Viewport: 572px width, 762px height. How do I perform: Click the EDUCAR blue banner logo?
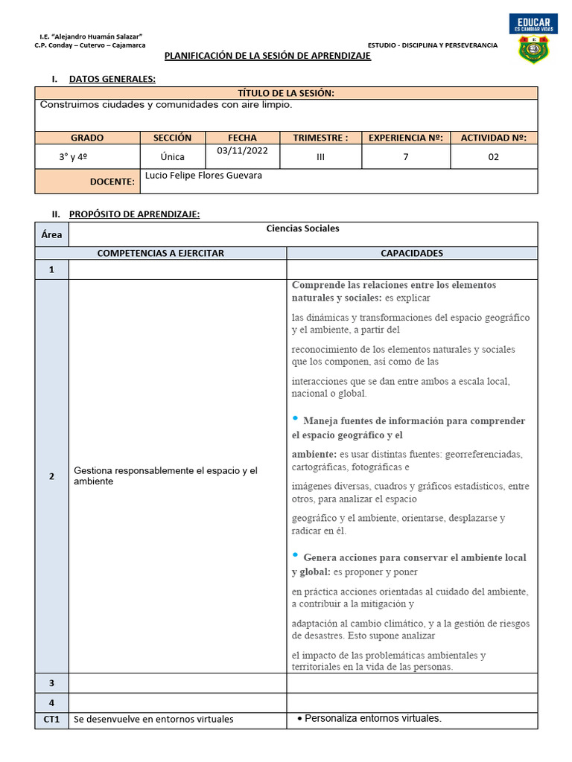(x=533, y=23)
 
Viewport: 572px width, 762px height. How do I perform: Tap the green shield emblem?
(x=533, y=50)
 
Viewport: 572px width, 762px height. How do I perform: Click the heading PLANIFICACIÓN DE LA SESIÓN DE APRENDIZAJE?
(x=267, y=57)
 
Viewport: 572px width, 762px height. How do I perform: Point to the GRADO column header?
(x=87, y=138)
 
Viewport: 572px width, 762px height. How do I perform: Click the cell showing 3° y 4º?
(x=73, y=157)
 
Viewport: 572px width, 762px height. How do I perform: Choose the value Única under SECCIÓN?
(x=172, y=157)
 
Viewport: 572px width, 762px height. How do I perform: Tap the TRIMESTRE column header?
(x=320, y=138)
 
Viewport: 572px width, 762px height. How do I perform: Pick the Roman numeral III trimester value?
(x=320, y=157)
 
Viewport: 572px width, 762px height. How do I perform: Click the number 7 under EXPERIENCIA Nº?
(x=406, y=157)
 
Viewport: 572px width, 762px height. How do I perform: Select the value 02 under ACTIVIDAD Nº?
(x=493, y=157)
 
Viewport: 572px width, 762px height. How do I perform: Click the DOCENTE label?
(x=112, y=182)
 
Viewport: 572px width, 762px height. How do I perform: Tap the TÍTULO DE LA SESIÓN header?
(x=285, y=93)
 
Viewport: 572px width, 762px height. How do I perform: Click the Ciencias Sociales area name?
(x=302, y=228)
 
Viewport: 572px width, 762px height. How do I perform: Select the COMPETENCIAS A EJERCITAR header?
(x=161, y=253)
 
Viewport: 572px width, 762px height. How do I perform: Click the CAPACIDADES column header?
(x=411, y=253)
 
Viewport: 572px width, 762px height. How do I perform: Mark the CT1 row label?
(x=51, y=720)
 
